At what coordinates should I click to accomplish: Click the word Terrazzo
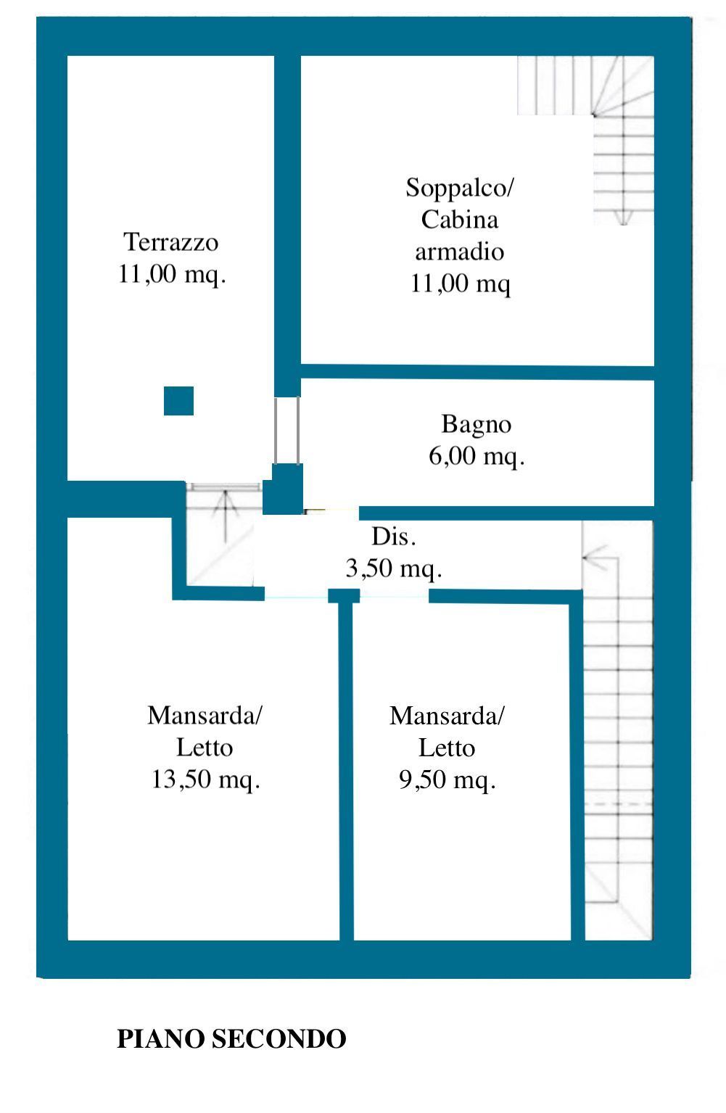pos(170,242)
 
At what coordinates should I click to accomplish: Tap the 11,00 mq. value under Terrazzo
pos(172,274)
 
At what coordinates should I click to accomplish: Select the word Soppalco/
pos(459,188)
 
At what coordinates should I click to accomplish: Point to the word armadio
pos(460,252)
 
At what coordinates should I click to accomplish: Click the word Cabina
pos(460,220)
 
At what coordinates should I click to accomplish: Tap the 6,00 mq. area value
pos(477,455)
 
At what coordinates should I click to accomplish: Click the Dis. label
pos(394,537)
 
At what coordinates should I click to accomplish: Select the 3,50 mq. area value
pos(394,568)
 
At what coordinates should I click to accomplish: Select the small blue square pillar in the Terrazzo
pos(178,401)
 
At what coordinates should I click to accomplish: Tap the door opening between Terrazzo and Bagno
pos(286,430)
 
